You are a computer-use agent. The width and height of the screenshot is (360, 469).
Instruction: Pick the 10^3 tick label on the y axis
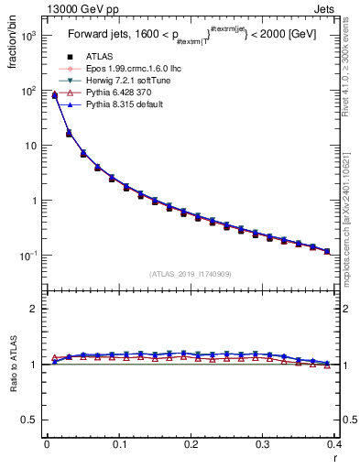coord(28,37)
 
